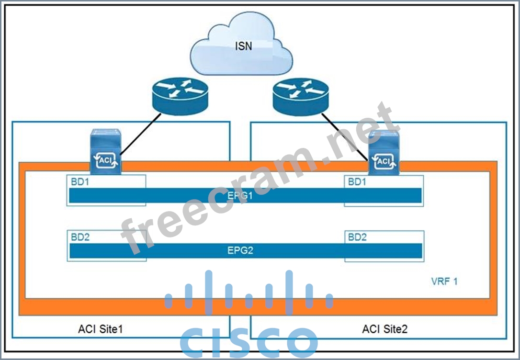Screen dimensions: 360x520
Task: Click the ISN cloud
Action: pos(241,45)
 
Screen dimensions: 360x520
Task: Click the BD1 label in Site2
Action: pos(357,182)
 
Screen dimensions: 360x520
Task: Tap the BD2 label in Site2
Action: pos(357,237)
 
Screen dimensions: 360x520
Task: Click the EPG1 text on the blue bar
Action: pos(240,196)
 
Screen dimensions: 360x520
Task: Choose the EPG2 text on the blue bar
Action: pos(240,250)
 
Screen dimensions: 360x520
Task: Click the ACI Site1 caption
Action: pos(103,329)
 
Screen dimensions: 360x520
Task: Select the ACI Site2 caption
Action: pos(385,329)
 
